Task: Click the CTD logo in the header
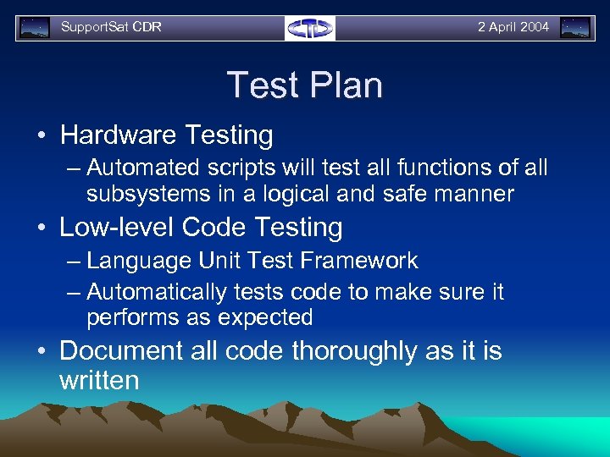pos(310,28)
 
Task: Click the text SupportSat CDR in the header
pos(111,27)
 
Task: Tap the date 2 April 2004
pos(513,27)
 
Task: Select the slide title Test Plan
pos(305,85)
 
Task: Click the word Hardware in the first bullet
pos(114,135)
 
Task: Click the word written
pos(98,380)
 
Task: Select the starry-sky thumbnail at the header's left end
pos(35,28)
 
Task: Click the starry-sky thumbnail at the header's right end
pos(575,28)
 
